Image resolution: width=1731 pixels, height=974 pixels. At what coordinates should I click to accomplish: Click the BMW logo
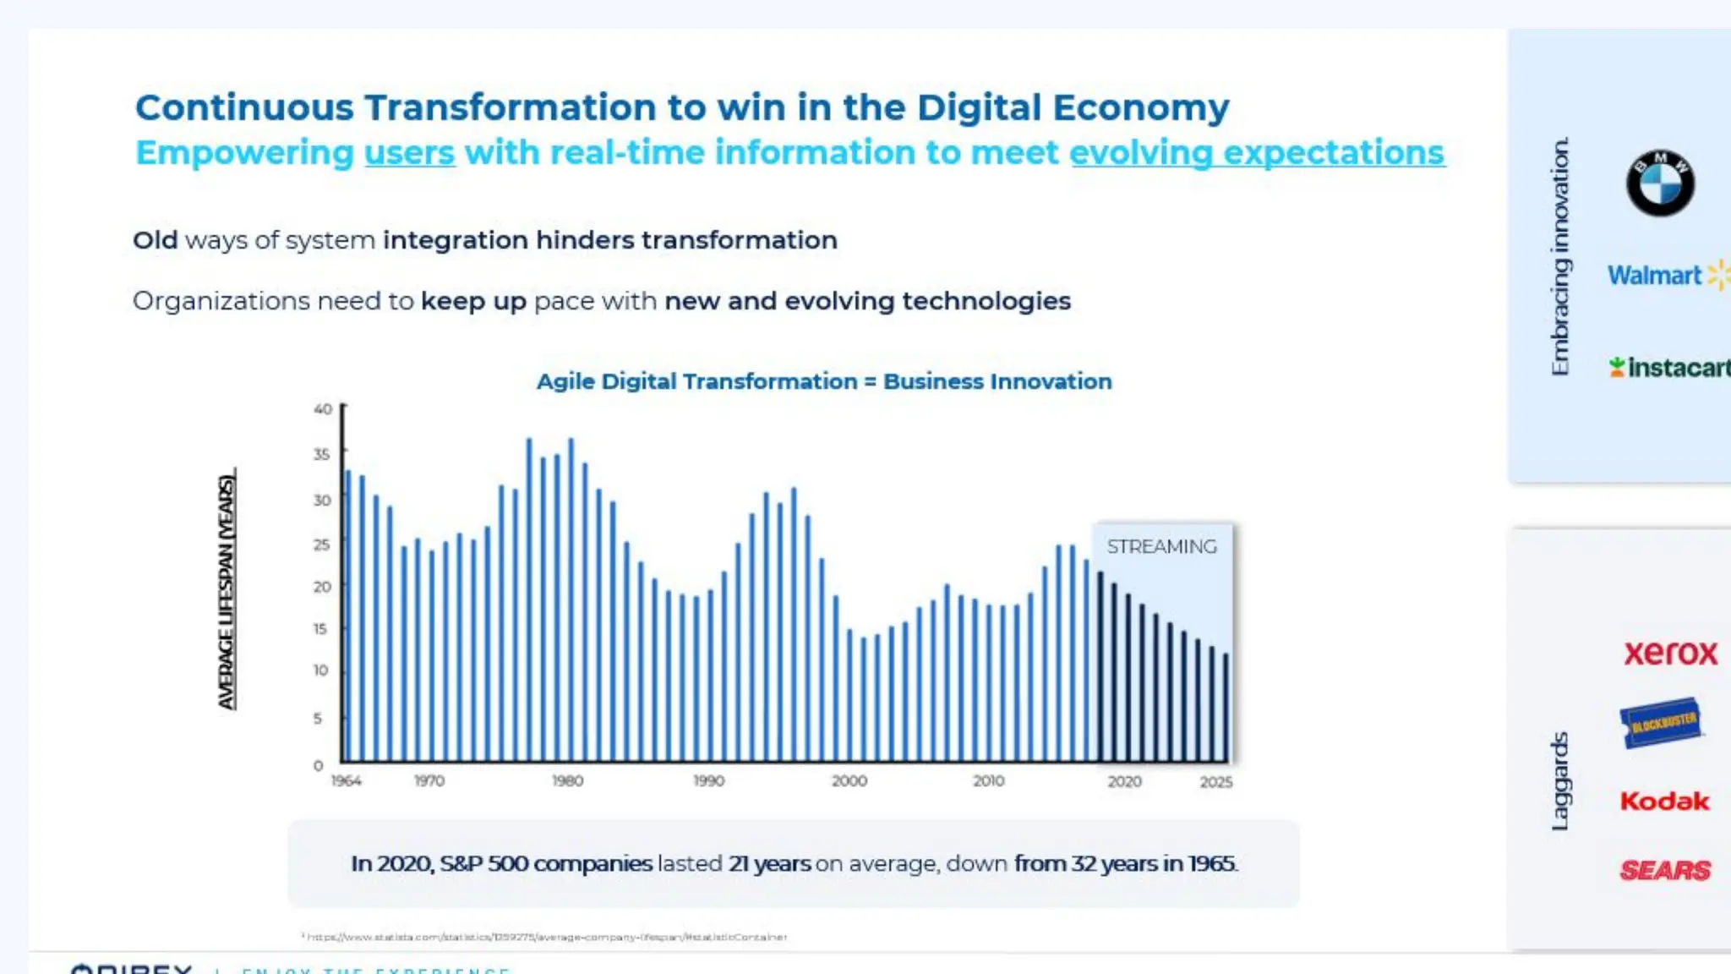pyautogui.click(x=1660, y=183)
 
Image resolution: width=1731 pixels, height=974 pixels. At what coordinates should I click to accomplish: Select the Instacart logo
pyautogui.click(x=1670, y=368)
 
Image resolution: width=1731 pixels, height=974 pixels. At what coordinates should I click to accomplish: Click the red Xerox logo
pyautogui.click(x=1670, y=653)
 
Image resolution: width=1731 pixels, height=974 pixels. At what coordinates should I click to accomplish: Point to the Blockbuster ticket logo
pyautogui.click(x=1661, y=723)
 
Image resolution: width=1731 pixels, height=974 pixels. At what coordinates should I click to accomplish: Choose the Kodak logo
pyautogui.click(x=1664, y=802)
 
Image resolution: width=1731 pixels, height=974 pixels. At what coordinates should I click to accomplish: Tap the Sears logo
pyautogui.click(x=1665, y=870)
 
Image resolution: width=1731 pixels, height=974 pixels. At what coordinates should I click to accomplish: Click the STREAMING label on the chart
pyautogui.click(x=1161, y=547)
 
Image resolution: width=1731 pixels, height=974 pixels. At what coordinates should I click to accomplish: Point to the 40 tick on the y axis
pyautogui.click(x=322, y=409)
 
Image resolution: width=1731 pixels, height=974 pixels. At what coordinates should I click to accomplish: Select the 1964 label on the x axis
pyautogui.click(x=346, y=781)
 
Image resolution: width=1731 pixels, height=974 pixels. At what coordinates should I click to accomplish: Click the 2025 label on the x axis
pyautogui.click(x=1215, y=783)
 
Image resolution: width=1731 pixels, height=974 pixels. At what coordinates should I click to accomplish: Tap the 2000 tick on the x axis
pyautogui.click(x=849, y=781)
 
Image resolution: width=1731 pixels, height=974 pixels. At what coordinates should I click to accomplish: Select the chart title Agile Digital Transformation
pyautogui.click(x=823, y=382)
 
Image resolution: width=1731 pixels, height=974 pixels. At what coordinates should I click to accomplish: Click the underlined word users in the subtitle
pyautogui.click(x=409, y=154)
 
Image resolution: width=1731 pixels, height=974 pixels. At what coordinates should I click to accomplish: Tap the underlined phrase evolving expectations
pyautogui.click(x=1257, y=154)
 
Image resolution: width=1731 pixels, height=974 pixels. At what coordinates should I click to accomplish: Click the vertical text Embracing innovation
pyautogui.click(x=1559, y=256)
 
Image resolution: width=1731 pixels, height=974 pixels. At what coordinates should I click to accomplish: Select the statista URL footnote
pyautogui.click(x=545, y=937)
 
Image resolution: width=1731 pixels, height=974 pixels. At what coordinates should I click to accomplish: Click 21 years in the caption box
pyautogui.click(x=769, y=864)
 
